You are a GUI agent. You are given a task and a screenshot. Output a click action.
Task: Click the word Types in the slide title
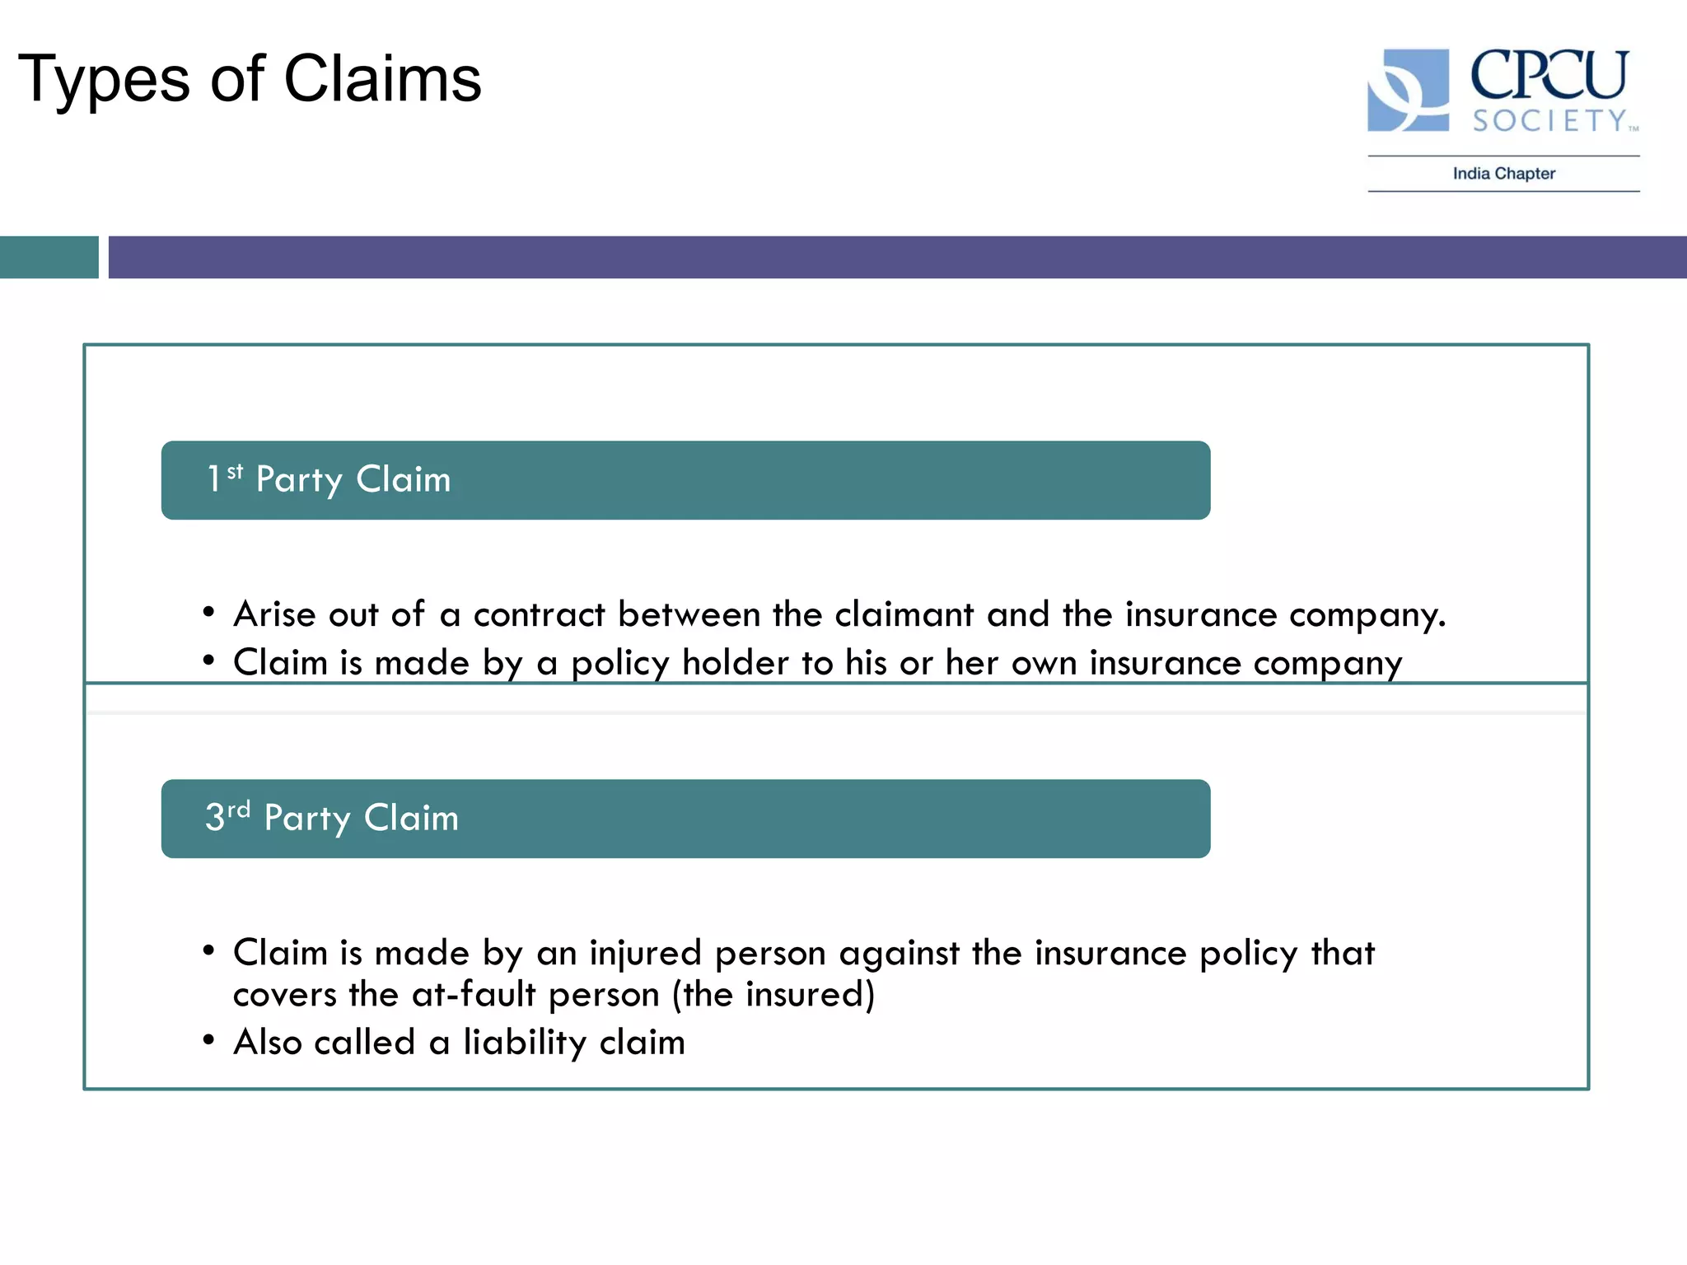pyautogui.click(x=104, y=80)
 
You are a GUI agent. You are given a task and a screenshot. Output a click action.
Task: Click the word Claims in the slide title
pyautogui.click(x=382, y=78)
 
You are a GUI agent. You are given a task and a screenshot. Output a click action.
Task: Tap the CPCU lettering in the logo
pyautogui.click(x=1549, y=76)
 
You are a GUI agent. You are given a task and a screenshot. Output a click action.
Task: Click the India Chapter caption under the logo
pyautogui.click(x=1503, y=174)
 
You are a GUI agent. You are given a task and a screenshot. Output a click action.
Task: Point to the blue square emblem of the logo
pyautogui.click(x=1408, y=90)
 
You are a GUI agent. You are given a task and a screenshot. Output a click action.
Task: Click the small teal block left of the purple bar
pyautogui.click(x=49, y=257)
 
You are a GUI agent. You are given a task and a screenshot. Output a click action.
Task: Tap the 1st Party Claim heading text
pyautogui.click(x=329, y=479)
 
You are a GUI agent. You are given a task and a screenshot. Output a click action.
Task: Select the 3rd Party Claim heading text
pyautogui.click(x=332, y=818)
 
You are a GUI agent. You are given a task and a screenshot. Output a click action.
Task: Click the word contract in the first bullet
pyautogui.click(x=539, y=614)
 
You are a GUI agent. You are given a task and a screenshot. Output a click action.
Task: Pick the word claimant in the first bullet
pyautogui.click(x=904, y=614)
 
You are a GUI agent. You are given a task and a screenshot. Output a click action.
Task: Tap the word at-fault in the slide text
pyautogui.click(x=474, y=995)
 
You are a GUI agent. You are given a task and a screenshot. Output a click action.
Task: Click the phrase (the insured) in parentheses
pyautogui.click(x=773, y=995)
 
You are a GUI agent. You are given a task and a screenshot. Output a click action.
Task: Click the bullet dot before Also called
pyautogui.click(x=208, y=1041)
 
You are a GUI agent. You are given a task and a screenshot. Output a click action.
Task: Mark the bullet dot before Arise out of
pyautogui.click(x=208, y=613)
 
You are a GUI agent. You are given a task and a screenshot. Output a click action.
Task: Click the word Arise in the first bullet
pyautogui.click(x=274, y=614)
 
